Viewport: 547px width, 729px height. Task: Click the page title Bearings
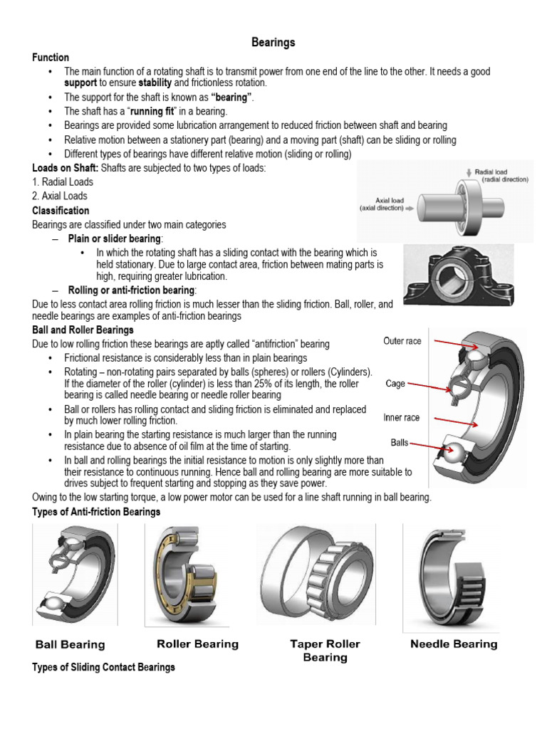273,43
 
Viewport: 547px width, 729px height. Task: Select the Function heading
51,58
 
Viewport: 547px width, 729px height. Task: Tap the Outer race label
402,341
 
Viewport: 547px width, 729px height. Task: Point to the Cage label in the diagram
395,384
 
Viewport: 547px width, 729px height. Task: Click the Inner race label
402,418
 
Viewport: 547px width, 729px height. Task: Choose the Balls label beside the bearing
399,442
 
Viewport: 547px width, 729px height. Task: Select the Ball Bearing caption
71,645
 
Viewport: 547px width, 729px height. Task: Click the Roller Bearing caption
197,644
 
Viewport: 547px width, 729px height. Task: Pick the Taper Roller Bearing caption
325,651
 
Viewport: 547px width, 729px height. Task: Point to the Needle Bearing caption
454,644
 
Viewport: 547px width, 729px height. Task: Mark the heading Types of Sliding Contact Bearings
104,668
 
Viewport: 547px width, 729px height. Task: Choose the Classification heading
61,211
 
